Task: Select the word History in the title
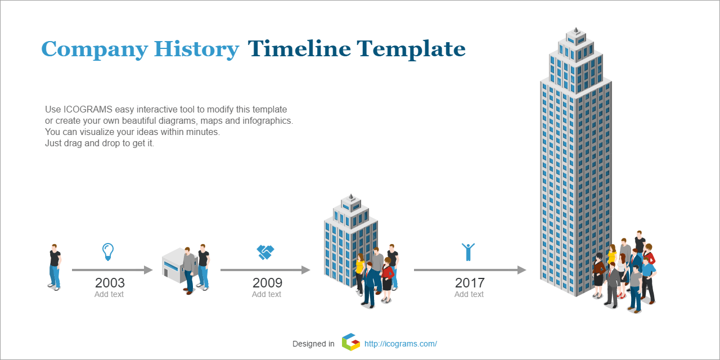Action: tap(196, 49)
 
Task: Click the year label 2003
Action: tap(110, 283)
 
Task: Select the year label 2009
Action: tap(267, 283)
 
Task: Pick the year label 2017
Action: tap(470, 283)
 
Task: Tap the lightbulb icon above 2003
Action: tap(108, 251)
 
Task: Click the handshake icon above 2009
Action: tap(265, 253)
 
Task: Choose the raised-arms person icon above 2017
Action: tap(469, 252)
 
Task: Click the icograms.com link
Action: tap(400, 344)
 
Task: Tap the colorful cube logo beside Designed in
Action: tap(350, 342)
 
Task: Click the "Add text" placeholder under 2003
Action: tap(109, 294)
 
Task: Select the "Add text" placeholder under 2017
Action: tap(469, 294)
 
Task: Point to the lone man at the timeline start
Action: tap(55, 267)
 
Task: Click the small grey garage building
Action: tap(175, 265)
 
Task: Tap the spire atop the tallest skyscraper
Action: tap(576, 30)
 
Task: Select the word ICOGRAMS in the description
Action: tap(88, 109)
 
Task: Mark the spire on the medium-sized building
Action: tap(351, 197)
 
